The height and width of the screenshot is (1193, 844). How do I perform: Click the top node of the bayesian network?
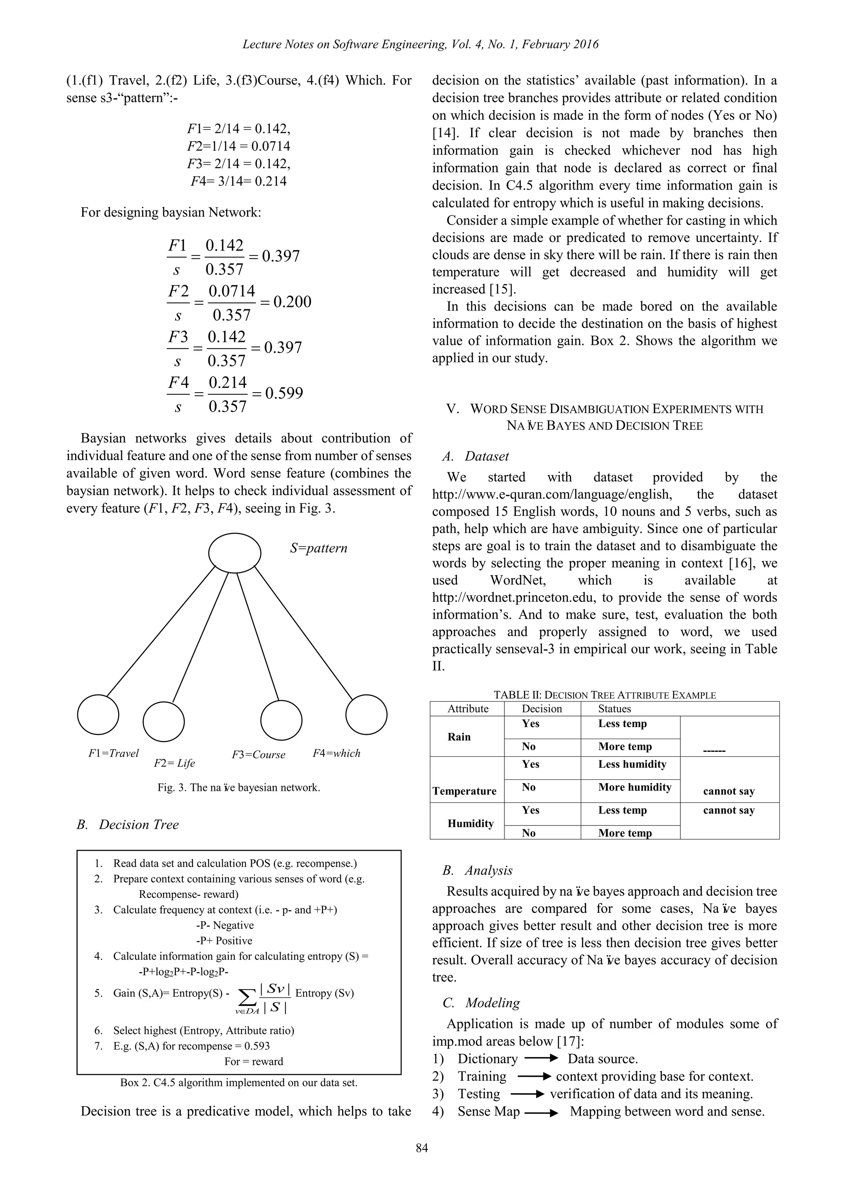coord(235,553)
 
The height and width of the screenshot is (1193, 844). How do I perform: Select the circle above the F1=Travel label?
coord(98,714)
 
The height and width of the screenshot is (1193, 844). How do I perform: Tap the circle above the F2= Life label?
coord(164,722)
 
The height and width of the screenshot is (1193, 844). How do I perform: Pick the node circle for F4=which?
coord(366,714)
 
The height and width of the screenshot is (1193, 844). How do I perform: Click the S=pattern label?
coord(319,548)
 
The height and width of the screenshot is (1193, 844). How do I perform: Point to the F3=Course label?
coord(258,754)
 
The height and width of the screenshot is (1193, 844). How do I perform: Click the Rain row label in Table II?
coord(459,737)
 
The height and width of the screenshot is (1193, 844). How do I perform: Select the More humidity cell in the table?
coord(635,787)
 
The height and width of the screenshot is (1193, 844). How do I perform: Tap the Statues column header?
coord(614,709)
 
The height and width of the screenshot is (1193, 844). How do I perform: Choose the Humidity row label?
coord(470,823)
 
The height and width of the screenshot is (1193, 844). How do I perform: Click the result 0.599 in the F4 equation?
coord(284,393)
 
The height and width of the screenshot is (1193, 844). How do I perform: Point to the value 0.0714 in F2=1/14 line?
coord(271,146)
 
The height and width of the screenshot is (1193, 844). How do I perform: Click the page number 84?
coord(422,1148)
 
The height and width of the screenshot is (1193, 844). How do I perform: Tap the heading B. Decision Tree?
coord(127,825)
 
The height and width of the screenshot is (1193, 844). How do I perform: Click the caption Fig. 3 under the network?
coord(239,787)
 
